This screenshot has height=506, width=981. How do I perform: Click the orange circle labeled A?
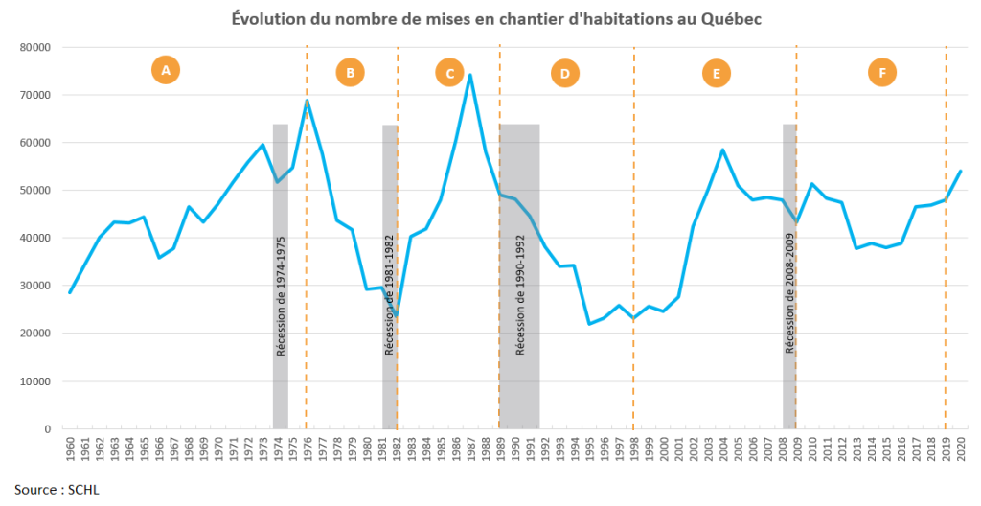(166, 70)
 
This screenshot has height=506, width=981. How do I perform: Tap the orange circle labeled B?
(350, 72)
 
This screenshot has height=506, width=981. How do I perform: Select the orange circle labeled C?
(448, 73)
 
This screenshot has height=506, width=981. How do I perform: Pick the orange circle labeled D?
(565, 73)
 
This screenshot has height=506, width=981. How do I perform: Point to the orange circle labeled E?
(716, 73)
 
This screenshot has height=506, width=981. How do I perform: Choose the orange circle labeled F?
(881, 72)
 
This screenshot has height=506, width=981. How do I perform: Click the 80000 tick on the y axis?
(35, 47)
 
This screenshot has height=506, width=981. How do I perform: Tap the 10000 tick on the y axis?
(35, 381)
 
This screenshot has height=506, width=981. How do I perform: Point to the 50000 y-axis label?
(35, 191)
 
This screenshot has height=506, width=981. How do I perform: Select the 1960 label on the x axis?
(70, 446)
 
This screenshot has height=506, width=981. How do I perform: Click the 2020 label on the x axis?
(960, 446)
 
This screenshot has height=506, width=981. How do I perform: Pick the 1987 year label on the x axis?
(470, 446)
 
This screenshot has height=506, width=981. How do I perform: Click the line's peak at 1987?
(470, 75)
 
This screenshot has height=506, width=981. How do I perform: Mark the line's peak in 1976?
(307, 101)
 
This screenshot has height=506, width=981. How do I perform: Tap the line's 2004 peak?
(722, 149)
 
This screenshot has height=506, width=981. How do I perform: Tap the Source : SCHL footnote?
(57, 490)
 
